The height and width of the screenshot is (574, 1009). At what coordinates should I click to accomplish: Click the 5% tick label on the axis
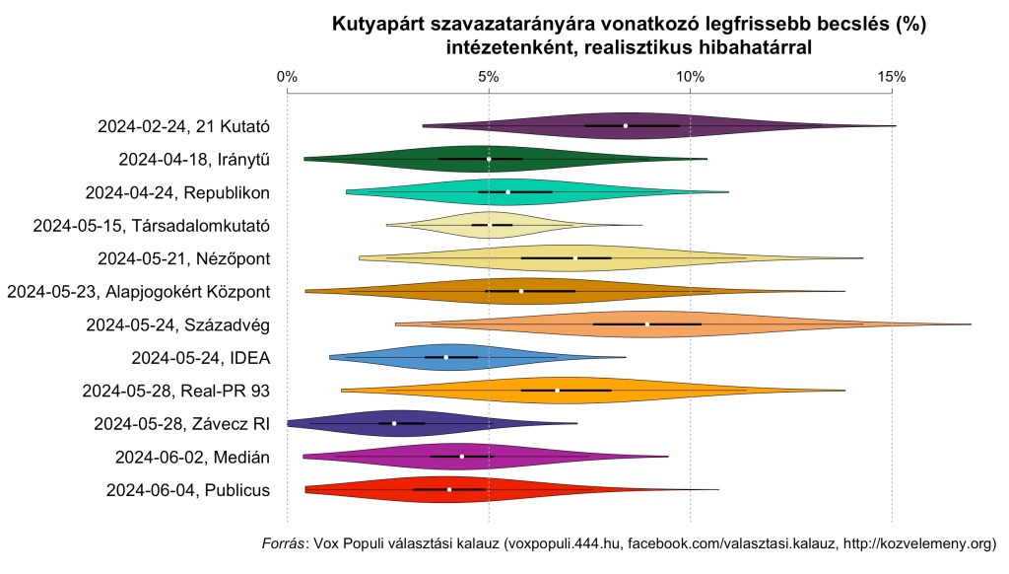[x=489, y=77]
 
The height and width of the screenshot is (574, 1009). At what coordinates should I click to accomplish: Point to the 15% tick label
[x=892, y=77]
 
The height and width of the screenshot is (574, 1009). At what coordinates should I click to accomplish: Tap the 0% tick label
[x=287, y=77]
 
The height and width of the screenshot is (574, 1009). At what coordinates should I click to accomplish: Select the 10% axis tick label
[x=690, y=77]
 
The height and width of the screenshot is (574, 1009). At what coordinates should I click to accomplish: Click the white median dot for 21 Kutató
[x=625, y=125]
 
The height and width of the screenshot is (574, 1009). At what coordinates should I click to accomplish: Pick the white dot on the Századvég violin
[x=647, y=323]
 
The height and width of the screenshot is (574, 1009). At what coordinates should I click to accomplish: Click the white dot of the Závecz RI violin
[x=394, y=423]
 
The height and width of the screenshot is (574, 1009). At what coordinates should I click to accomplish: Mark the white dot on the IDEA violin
[x=446, y=357]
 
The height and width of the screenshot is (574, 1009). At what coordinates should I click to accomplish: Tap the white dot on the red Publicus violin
[x=449, y=489]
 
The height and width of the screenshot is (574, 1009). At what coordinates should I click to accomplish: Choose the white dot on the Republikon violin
[x=508, y=191]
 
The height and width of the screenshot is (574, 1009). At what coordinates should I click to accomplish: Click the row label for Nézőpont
[x=184, y=258]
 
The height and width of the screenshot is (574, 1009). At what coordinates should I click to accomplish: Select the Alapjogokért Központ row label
[x=139, y=291]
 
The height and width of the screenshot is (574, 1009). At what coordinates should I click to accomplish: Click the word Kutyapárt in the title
[x=377, y=23]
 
